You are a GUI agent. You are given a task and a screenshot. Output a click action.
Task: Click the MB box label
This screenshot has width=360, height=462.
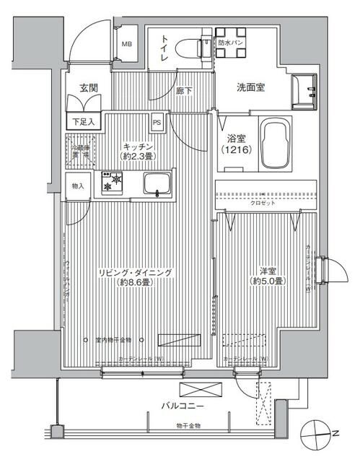(126, 44)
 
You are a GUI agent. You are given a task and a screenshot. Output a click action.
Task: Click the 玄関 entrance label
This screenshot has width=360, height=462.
(89, 90)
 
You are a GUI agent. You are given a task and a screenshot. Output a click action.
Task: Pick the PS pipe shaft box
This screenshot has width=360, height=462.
(157, 122)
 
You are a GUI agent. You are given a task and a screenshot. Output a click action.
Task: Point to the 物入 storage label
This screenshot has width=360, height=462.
(78, 186)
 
